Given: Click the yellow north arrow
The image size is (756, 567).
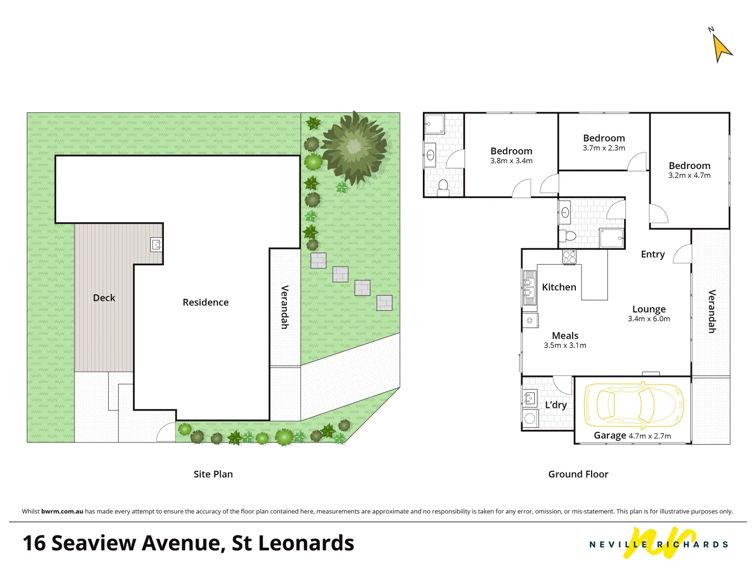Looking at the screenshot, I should pos(722,48).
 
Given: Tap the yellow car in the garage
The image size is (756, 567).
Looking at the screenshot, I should pos(634,405).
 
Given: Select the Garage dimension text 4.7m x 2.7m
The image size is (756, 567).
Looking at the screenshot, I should pos(649,436).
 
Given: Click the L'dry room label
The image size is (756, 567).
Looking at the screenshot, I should pos(555,405).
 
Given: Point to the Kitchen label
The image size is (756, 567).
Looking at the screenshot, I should pos(559,287).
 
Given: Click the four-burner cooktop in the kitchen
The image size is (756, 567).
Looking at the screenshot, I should pos(569,257).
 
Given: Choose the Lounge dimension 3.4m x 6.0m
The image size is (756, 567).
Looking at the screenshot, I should pos(649,319).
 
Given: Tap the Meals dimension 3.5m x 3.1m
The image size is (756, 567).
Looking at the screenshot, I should pos(565,345).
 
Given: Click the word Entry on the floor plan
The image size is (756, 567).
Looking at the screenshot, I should pos(653,254).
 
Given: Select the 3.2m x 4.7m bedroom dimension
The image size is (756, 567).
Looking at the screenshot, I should pos(689,175).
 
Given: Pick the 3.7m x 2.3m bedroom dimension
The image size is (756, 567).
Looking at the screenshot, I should pos(604,148).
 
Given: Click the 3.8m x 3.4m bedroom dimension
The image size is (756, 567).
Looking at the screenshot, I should pos(511,161).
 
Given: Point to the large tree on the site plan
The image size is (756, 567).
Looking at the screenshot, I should pos(354,146).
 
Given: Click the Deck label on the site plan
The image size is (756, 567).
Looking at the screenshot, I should pos(104,298).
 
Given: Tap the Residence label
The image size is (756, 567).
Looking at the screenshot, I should pos(205,302).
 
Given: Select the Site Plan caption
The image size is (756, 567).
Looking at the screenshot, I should pos(213,474).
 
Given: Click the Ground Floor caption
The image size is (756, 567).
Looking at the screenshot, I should pos(578,474).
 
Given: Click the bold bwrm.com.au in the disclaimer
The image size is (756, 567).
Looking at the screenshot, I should pos(62,511).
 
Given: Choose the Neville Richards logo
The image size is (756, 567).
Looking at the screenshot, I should pos(659,544).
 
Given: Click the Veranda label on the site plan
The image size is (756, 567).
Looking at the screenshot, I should pos(285,307).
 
